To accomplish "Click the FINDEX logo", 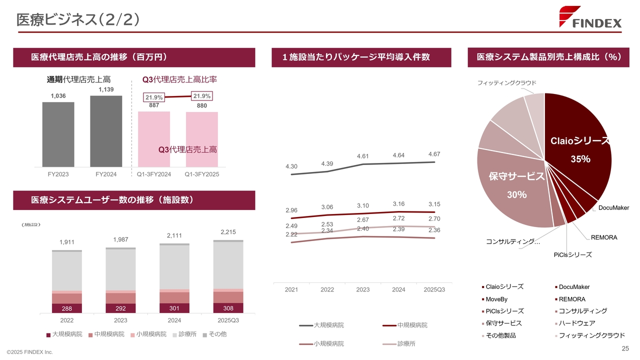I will coord(590,17).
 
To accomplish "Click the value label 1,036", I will coord(58,95).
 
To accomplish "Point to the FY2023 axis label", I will coord(58,174).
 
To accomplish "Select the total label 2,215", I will coord(228,232).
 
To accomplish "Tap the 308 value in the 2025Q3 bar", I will coord(228,308).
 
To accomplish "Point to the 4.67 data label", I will coord(434,154).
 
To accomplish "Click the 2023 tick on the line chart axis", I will coord(363,289).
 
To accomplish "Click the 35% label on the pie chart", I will coord(580,159).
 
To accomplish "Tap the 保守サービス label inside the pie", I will coord(516,176).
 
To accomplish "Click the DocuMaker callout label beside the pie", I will coord(613,207).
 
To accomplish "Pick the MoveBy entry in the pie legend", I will coord(497,299).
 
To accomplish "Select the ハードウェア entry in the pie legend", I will coord(577,323).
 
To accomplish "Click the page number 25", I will coord(624,348).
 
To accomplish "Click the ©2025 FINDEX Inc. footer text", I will coord(29,352).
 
